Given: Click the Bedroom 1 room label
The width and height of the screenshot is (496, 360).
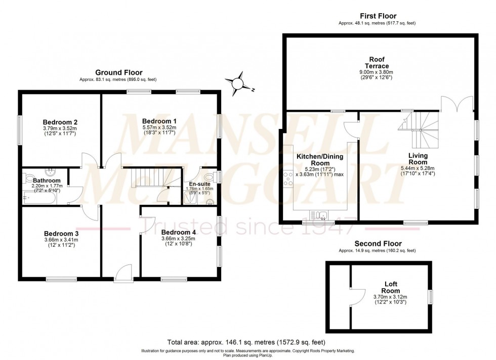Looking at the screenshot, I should pos(159,121).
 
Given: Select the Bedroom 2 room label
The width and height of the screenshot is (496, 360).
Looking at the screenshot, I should pos(60,122).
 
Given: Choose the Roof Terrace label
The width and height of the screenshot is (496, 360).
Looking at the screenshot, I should pos(378,63).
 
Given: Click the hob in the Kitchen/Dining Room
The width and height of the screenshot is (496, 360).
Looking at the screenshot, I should pos(288,179).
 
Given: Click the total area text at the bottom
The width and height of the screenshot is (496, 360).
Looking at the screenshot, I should pos(246,342).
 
